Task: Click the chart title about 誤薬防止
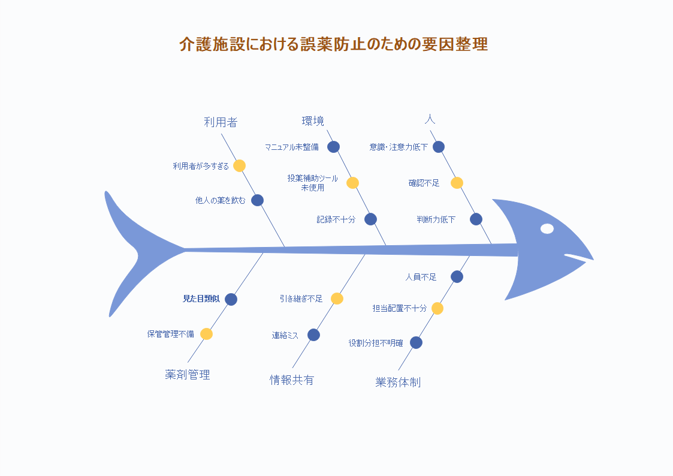[333, 44]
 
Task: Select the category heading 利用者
[221, 122]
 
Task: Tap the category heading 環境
[313, 121]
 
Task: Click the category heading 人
[430, 119]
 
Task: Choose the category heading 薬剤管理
[188, 375]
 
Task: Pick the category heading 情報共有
[292, 380]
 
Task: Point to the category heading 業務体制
[398, 382]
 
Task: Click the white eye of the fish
[547, 229]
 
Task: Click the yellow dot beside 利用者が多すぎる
[240, 165]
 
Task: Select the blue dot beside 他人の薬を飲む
[257, 200]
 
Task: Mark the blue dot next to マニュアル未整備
[333, 147]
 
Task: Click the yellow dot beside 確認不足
[457, 183]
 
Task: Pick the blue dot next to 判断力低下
[476, 219]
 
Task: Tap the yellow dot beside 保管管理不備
[206, 334]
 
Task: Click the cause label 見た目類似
[201, 299]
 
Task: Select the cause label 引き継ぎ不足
[301, 299]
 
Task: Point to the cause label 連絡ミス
[285, 335]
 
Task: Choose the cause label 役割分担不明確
[376, 343]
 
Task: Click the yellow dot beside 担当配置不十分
[437, 308]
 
